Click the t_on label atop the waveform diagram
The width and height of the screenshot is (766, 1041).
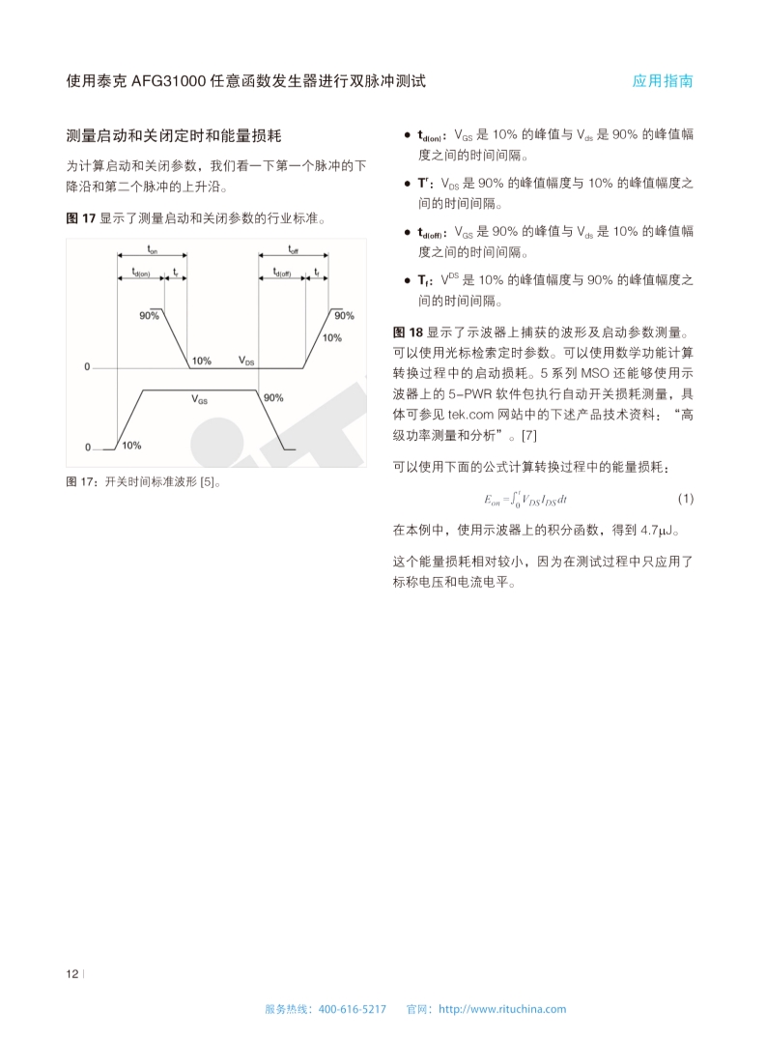point(152,249)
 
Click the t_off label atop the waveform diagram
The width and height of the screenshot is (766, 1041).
point(293,249)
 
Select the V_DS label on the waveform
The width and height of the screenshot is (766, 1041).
point(247,361)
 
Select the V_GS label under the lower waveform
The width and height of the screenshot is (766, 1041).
point(199,398)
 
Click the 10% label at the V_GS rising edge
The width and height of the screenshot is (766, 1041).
point(131,446)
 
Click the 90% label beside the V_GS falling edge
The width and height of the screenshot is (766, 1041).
point(273,397)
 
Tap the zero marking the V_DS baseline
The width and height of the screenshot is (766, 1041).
point(86,368)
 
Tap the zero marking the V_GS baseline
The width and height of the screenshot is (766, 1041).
point(86,448)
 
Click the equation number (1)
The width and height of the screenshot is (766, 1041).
point(685,499)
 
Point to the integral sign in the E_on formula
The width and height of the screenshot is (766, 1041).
point(517,499)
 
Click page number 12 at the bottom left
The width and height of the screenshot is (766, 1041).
point(71,973)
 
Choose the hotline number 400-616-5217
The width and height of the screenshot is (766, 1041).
point(352,1009)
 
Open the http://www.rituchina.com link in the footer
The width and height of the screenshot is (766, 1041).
point(502,1009)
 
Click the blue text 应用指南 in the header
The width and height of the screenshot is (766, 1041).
point(663,81)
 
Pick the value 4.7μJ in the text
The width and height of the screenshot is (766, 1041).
point(661,530)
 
